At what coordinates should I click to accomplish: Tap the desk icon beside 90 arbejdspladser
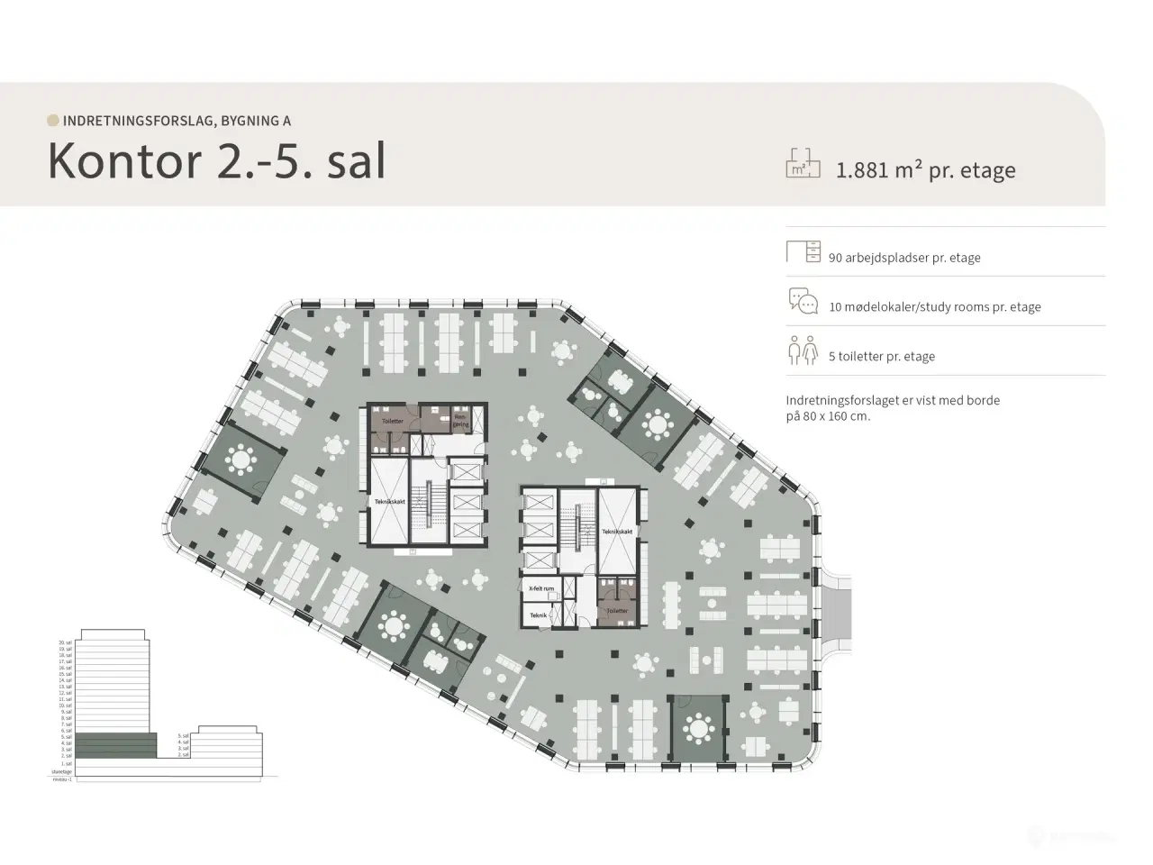tap(803, 251)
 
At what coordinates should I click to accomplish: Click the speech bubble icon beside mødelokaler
tap(803, 301)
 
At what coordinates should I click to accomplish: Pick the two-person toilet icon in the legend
tap(803, 351)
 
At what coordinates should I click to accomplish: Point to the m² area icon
tap(803, 163)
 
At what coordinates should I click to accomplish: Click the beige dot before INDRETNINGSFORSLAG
tap(53, 120)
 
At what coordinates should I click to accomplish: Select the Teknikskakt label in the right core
tap(617, 532)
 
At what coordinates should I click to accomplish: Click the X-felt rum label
tap(540, 587)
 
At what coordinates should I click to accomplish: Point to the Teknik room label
tap(539, 615)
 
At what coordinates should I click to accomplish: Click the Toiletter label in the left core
tap(392, 421)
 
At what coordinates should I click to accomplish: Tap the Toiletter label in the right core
tap(617, 610)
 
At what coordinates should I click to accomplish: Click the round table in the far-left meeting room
tap(241, 460)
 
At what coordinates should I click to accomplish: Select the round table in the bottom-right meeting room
tap(699, 725)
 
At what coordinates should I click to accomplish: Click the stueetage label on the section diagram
tap(61, 771)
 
